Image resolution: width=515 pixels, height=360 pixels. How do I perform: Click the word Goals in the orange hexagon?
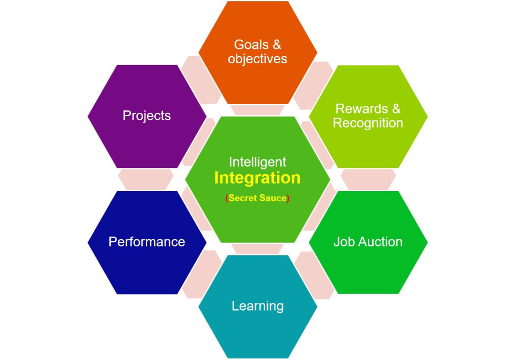tap(251, 45)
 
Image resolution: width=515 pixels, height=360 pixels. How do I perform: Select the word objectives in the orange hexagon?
tap(257, 59)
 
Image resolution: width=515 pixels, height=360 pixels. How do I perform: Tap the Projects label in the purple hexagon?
tap(147, 116)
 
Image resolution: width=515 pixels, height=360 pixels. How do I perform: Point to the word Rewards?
tap(362, 109)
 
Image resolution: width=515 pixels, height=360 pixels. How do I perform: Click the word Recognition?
tap(368, 123)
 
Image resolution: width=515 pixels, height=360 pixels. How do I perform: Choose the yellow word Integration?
tap(257, 178)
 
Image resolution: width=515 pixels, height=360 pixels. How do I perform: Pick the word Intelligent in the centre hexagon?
tap(257, 162)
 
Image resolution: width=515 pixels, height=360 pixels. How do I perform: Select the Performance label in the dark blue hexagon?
tap(147, 242)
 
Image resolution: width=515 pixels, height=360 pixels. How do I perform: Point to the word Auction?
tap(380, 242)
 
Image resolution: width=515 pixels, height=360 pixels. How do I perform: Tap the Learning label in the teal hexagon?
tap(257, 306)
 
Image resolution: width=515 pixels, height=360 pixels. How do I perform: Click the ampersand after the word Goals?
tap(277, 45)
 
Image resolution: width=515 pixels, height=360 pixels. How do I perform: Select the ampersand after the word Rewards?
tap(397, 109)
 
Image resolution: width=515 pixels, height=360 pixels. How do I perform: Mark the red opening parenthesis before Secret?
tap(227, 198)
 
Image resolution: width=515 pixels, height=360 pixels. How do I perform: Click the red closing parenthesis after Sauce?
tap(288, 198)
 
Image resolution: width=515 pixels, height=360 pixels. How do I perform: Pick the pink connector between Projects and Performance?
tap(146, 180)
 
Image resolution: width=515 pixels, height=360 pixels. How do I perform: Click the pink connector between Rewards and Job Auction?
tap(368, 180)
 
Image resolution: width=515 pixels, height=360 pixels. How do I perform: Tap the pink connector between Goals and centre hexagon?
tap(257, 110)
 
